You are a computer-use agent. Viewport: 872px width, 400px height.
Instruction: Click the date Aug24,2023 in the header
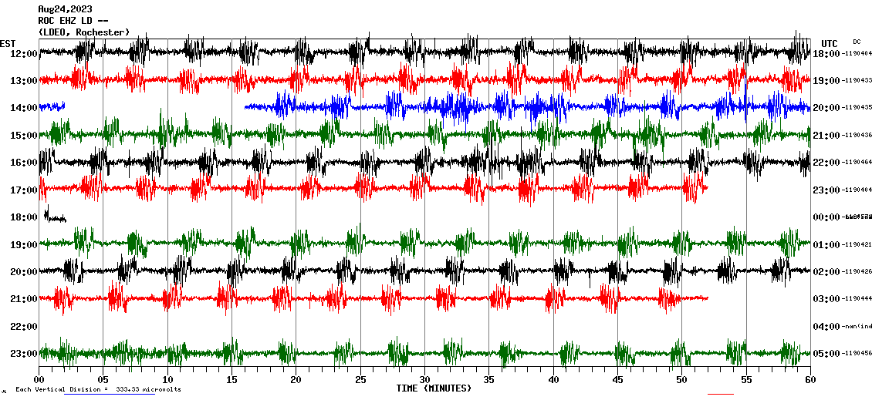[65, 9]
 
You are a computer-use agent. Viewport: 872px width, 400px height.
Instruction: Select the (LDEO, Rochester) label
[83, 32]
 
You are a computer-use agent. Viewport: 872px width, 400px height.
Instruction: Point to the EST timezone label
[8, 43]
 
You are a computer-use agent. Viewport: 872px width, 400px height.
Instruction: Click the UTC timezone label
[830, 43]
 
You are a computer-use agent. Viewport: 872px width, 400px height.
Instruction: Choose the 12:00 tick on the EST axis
[23, 53]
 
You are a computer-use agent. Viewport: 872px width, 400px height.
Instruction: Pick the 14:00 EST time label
[23, 108]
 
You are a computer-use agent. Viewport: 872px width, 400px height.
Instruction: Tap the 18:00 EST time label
[23, 217]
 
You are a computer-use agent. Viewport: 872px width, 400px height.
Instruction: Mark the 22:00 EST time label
[23, 327]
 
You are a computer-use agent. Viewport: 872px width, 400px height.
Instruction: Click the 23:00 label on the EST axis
[23, 354]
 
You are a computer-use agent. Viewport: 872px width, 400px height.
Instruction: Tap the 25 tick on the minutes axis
[360, 380]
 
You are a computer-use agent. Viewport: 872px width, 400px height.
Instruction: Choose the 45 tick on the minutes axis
[617, 380]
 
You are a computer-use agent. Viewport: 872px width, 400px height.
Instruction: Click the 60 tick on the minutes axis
[809, 380]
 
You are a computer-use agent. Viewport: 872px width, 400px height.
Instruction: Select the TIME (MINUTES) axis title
[434, 388]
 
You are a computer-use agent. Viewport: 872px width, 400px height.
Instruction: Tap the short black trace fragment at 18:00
[54, 217]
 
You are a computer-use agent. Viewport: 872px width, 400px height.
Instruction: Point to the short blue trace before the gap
[52, 106]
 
